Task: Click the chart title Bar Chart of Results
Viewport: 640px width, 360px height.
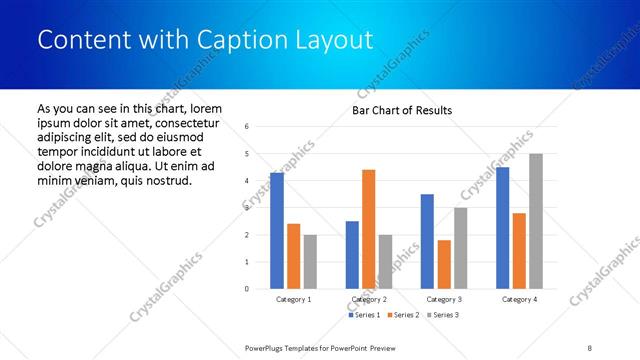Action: [402, 110]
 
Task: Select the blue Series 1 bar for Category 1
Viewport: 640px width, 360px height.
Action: [277, 231]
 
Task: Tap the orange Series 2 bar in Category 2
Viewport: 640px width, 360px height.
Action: [368, 229]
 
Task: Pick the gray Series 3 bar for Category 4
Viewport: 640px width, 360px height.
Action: [536, 221]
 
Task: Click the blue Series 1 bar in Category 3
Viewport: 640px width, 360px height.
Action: [428, 241]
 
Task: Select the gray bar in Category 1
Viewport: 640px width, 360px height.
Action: [310, 262]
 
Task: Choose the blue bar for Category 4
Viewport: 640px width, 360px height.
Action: [502, 228]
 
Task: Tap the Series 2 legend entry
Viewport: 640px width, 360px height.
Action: [402, 315]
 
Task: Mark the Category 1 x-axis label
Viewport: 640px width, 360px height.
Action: [293, 299]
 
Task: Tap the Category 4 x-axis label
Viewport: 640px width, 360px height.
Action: [519, 299]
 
